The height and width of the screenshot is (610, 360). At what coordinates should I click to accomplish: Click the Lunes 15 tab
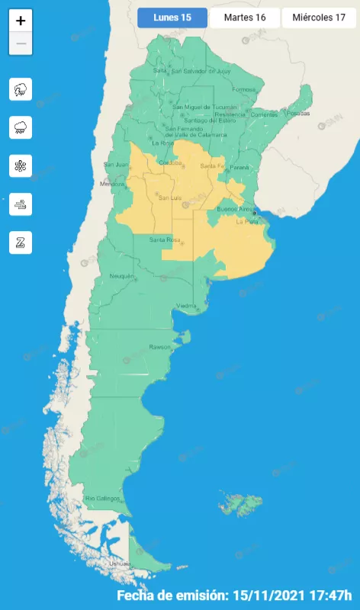[x=172, y=18]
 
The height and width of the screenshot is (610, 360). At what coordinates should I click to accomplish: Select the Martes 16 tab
[x=244, y=18]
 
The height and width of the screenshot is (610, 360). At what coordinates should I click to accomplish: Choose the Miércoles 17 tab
[x=319, y=18]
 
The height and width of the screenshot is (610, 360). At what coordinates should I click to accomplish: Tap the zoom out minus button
[x=21, y=43]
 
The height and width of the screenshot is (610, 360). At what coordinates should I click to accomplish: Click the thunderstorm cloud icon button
[x=20, y=90]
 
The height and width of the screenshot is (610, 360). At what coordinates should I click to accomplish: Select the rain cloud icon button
[x=20, y=127]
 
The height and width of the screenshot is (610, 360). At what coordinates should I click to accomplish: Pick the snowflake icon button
[x=20, y=165]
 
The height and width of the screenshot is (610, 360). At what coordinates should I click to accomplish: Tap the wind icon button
[x=20, y=204]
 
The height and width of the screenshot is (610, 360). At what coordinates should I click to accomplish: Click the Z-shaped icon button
[x=20, y=242]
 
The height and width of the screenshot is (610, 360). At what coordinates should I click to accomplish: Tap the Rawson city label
[x=160, y=347]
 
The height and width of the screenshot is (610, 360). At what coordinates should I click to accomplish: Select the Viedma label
[x=187, y=306]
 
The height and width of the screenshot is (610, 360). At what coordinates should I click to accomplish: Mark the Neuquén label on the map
[x=121, y=275]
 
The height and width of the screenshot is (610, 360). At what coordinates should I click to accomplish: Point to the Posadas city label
[x=300, y=113]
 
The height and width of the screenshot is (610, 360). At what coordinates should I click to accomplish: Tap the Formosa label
[x=244, y=89]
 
